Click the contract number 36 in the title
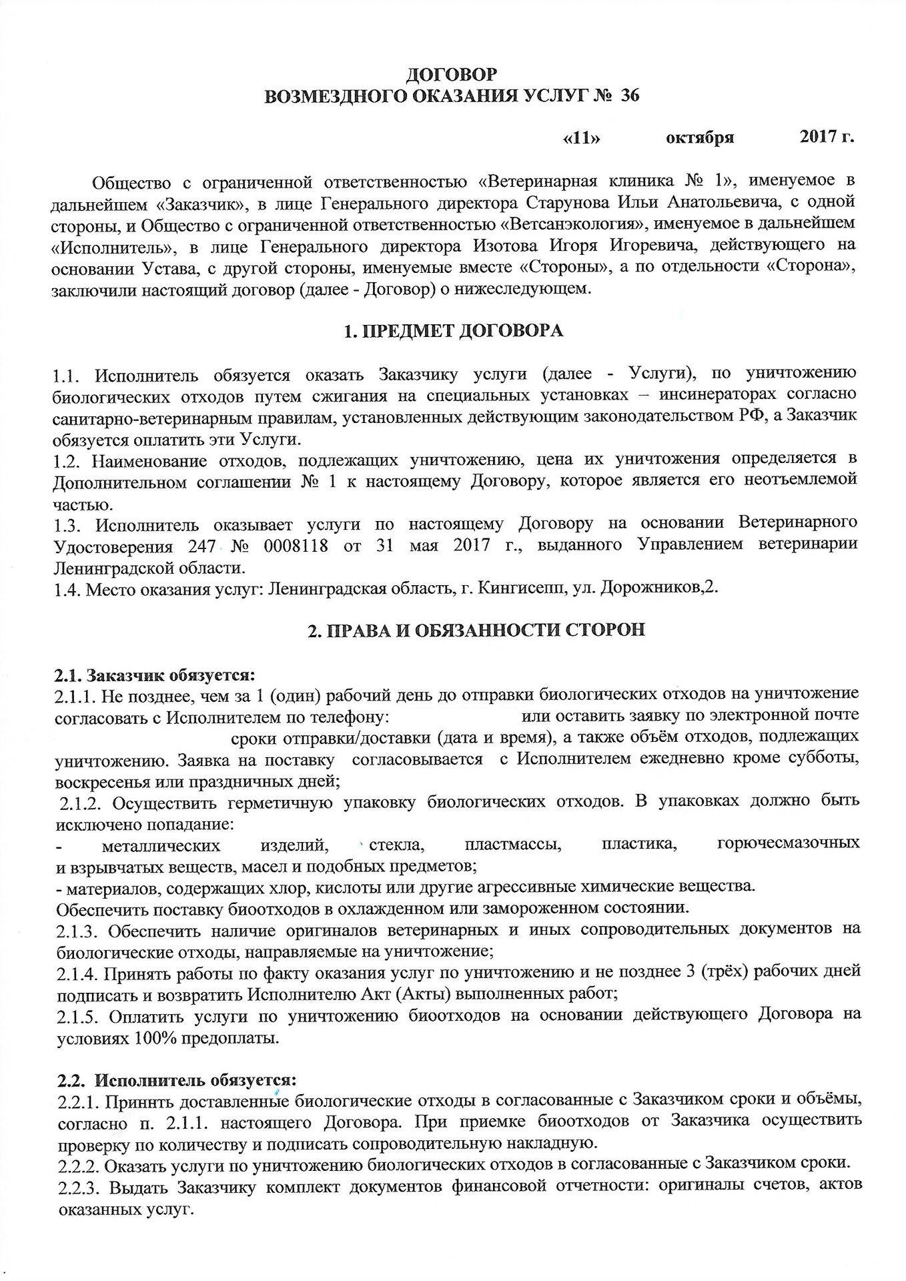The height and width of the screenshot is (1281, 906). pos(629,96)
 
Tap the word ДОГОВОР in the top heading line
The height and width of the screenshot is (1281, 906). pos(452,74)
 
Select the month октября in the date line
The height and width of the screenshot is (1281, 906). pos(700,138)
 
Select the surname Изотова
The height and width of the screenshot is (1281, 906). pos(502,246)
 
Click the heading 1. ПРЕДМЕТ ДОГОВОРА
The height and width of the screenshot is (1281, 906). pos(452,331)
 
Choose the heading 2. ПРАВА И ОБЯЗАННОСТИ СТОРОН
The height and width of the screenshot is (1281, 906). pos(476,630)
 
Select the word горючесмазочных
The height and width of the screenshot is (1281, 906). pos(788,844)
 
